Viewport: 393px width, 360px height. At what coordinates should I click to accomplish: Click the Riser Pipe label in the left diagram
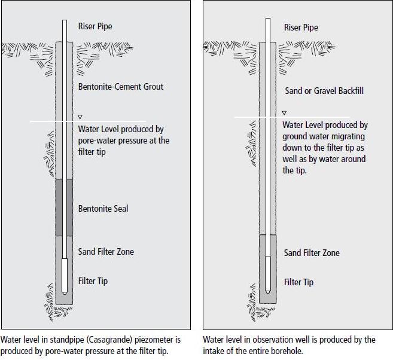(x=95, y=26)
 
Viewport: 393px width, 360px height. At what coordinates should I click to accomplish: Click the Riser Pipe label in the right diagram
(x=301, y=28)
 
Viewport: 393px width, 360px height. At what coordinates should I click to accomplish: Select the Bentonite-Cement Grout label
(x=121, y=87)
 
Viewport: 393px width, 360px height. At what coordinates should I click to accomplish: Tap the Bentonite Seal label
(x=103, y=209)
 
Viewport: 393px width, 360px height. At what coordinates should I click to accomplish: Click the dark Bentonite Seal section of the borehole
(x=64, y=208)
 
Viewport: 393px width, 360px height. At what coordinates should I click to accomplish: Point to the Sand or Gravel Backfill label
(x=324, y=91)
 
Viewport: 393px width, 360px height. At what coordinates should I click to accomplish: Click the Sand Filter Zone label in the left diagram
(x=106, y=252)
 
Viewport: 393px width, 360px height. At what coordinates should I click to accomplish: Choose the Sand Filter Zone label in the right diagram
(x=312, y=253)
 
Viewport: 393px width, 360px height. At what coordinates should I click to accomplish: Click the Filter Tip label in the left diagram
(x=93, y=281)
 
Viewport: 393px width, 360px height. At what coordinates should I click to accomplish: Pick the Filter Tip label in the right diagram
(x=298, y=283)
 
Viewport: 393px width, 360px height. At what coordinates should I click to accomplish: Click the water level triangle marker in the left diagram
(x=80, y=117)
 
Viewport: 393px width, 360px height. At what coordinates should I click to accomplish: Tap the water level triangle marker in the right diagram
(x=284, y=113)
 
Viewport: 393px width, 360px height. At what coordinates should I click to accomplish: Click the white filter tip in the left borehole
(x=65, y=276)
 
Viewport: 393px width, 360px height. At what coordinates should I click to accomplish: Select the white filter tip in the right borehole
(x=268, y=275)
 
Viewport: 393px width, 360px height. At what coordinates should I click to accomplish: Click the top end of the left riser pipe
(x=65, y=20)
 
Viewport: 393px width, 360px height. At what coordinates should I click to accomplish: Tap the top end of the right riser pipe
(x=268, y=19)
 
